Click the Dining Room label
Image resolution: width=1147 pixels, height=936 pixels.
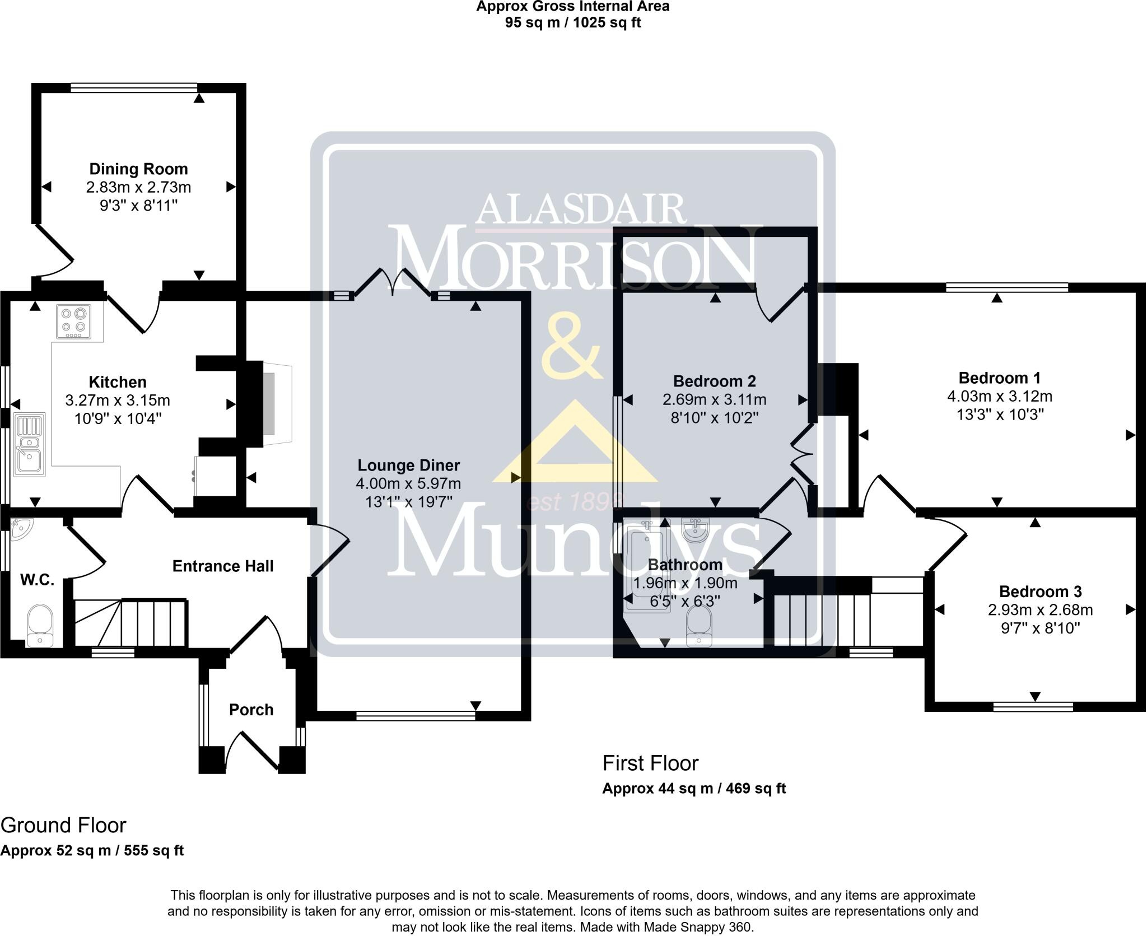(138, 169)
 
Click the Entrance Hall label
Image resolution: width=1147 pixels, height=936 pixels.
(223, 566)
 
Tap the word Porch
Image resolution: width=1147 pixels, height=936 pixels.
(251, 710)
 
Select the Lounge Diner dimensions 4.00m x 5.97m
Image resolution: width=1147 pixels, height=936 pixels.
(408, 483)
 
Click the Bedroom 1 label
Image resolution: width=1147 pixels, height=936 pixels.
(999, 378)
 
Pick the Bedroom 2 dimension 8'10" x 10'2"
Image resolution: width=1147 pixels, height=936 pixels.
(715, 418)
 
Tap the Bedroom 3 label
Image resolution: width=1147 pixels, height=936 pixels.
(1040, 592)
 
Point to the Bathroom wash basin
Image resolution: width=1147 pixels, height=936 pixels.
(695, 530)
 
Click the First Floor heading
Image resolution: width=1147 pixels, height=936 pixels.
(650, 763)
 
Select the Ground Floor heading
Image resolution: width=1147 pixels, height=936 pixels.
(63, 825)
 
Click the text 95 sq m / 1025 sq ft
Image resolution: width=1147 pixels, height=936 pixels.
(573, 22)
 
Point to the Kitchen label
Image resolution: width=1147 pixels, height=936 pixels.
(118, 382)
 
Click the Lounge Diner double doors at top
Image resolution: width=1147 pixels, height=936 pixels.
(392, 282)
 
